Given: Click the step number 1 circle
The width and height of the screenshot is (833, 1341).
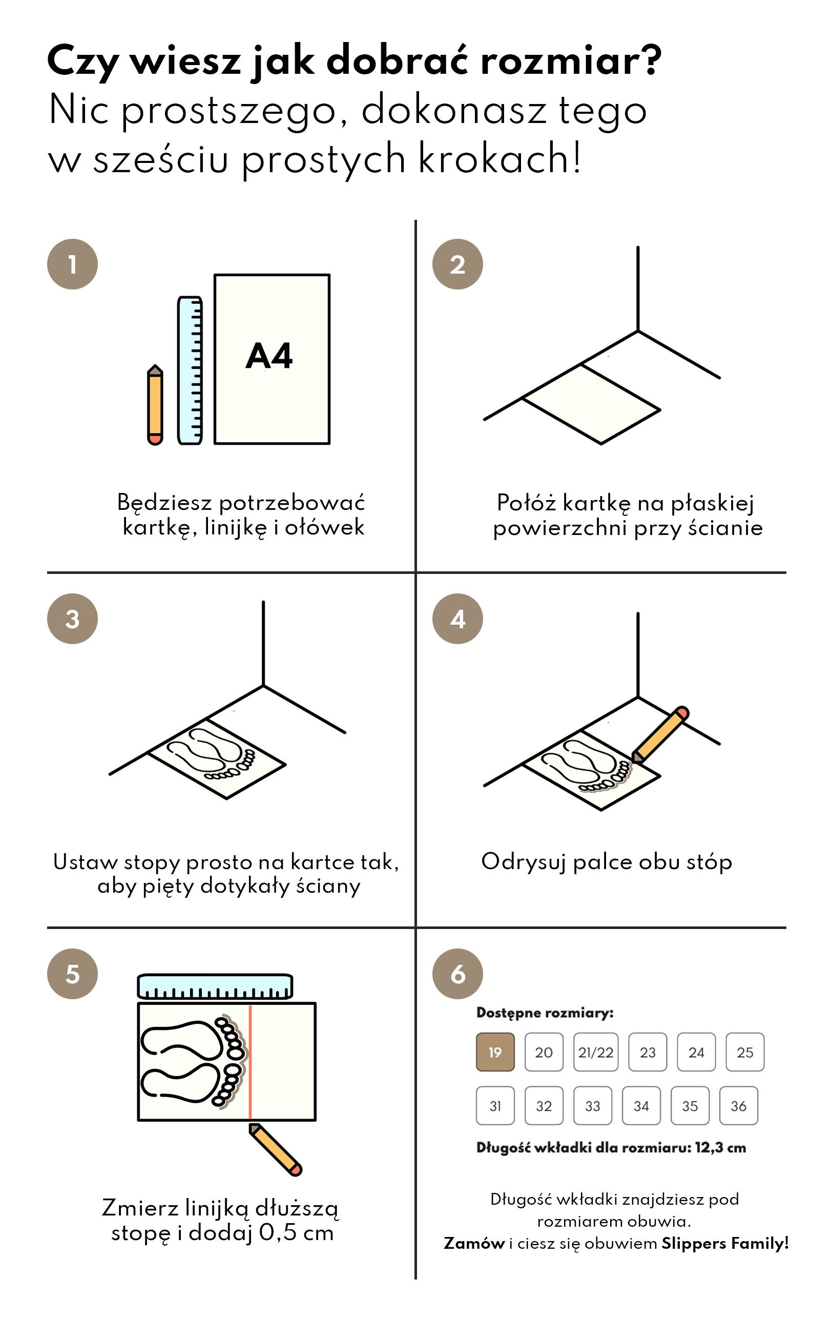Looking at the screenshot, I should click(x=72, y=264).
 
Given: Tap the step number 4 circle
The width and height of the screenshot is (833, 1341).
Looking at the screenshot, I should click(x=457, y=618).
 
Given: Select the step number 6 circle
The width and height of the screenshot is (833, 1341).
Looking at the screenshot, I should click(x=457, y=974).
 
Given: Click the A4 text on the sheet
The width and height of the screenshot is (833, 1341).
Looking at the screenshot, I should click(x=269, y=356).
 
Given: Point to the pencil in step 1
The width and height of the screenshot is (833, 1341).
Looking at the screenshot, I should click(x=155, y=405).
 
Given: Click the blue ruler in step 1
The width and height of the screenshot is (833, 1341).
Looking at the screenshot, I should click(x=190, y=370).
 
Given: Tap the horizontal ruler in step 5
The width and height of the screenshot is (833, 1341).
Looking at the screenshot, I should click(x=215, y=986).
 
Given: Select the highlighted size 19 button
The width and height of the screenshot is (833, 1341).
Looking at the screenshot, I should click(x=495, y=1052).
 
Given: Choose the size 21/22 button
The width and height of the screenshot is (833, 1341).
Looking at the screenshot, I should click(x=596, y=1052).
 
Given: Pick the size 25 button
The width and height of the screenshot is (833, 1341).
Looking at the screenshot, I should click(x=745, y=1052).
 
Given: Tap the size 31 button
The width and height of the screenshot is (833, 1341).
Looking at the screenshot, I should click(x=495, y=1105).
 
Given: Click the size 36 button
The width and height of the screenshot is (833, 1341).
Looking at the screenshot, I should click(x=738, y=1105).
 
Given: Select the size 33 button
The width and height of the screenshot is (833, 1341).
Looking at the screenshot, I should click(x=592, y=1105).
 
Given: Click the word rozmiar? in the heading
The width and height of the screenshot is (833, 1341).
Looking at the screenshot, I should click(x=570, y=60).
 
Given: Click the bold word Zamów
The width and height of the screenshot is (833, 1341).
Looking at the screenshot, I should click(x=474, y=1243).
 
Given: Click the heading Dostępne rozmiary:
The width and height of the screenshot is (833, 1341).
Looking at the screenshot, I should click(x=544, y=1013).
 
